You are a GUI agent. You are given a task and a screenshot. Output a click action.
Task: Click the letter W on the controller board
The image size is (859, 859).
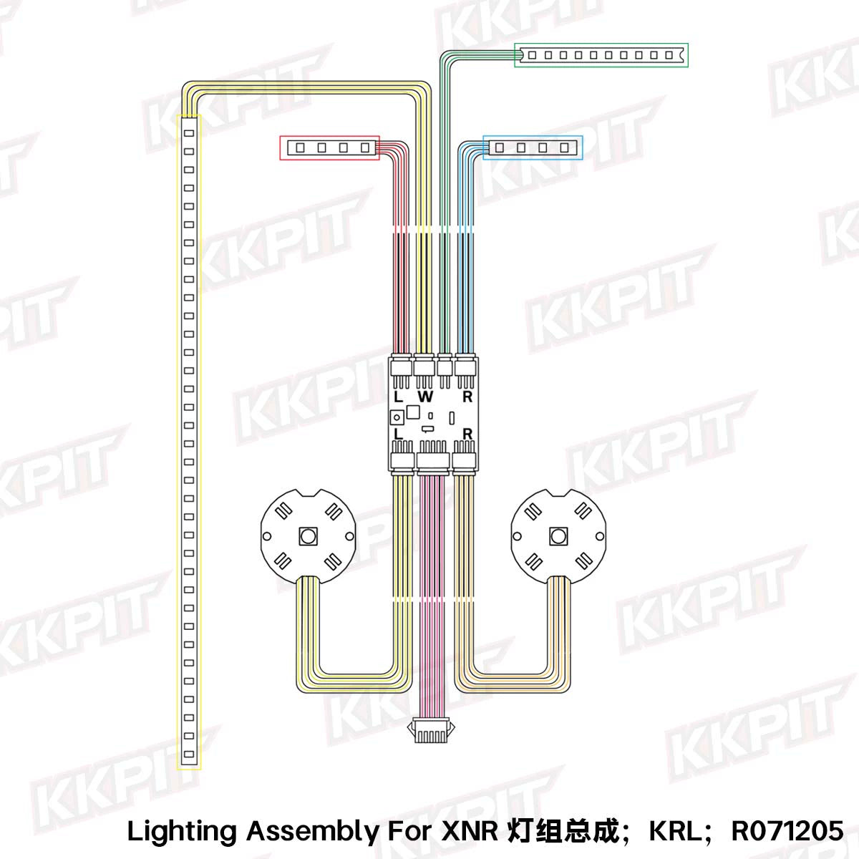425,397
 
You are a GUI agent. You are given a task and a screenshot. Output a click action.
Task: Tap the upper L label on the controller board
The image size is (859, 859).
398,397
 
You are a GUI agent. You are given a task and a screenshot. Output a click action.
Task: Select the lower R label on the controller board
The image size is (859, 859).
467,434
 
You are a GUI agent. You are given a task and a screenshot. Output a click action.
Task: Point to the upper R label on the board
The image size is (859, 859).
467,397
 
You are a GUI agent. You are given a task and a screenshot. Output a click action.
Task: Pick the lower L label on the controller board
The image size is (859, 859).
398,434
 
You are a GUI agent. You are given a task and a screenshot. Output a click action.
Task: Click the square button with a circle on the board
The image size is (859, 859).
396,417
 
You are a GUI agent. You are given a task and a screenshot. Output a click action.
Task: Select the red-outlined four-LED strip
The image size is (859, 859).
329,147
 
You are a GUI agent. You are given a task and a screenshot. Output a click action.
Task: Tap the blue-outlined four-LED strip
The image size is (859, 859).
533,147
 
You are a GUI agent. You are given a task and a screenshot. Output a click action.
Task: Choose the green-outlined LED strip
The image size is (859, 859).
601,55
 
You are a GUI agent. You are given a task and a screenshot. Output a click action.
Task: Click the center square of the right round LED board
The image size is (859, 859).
558,535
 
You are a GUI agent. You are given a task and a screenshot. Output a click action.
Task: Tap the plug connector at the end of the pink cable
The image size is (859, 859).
432,732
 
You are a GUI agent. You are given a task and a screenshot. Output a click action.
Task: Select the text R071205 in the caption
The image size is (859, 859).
787,831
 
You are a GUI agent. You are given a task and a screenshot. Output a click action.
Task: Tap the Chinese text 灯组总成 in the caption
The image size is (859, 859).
563,831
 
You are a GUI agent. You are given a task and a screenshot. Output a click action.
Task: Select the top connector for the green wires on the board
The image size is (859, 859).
445,367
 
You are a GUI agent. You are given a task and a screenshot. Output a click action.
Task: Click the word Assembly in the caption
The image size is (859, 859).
313,832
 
